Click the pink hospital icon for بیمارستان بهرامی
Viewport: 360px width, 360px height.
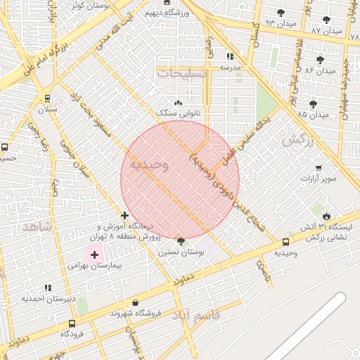coord(94,253)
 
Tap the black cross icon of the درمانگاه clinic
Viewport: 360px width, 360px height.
coord(124,215)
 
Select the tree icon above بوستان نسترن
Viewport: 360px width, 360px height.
coord(181,241)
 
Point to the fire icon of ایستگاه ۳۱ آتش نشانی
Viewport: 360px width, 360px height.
coord(327,215)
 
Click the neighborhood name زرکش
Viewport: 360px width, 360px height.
coord(296,141)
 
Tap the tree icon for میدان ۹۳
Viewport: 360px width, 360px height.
coord(281,13)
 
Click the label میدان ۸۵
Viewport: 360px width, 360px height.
coord(313,114)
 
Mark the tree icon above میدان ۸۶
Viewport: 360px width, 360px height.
coord(321,60)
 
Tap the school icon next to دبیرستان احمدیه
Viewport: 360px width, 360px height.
coord(47,288)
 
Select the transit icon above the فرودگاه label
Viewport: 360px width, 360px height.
coord(72,324)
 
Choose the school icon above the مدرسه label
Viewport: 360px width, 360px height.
coord(231,57)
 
